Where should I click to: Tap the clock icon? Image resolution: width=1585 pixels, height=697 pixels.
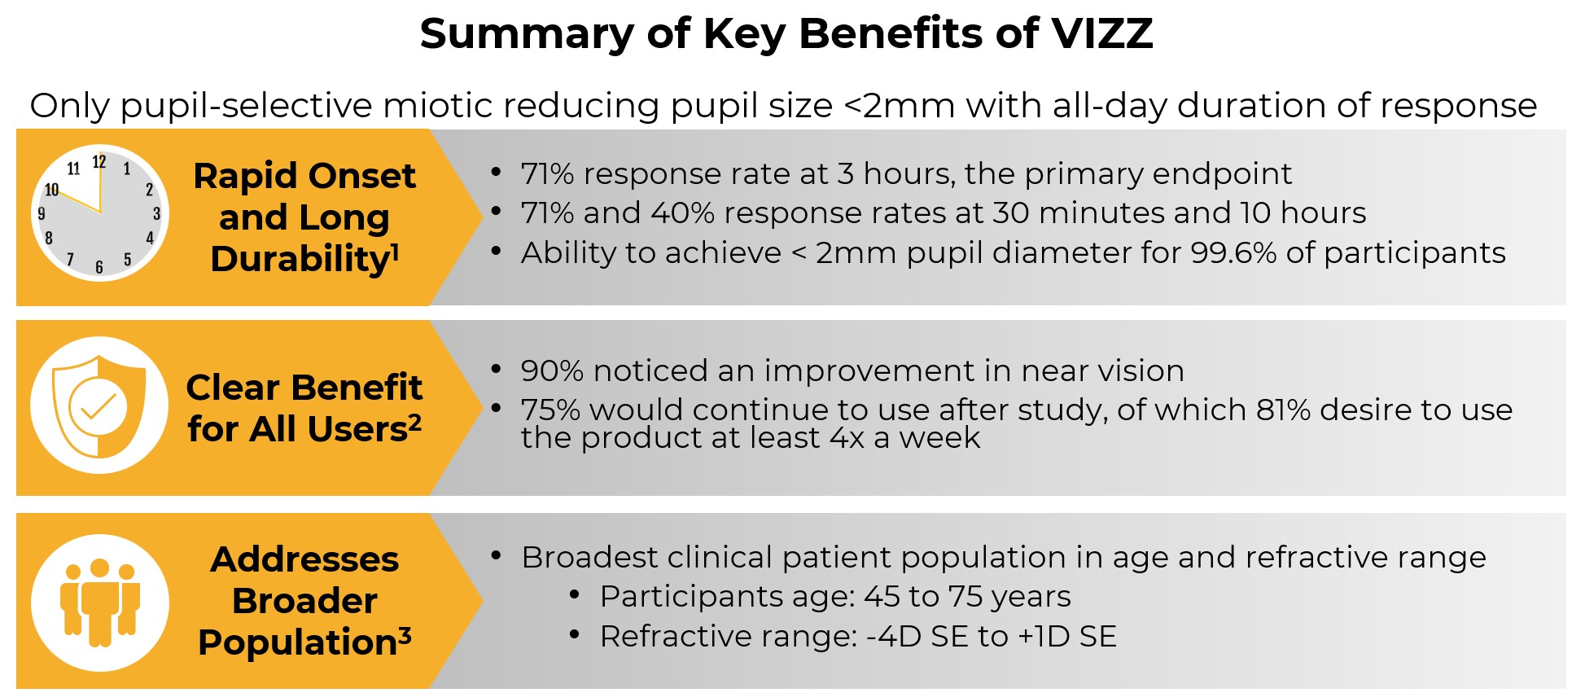click(x=100, y=213)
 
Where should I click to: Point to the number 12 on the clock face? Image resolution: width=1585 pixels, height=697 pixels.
click(x=99, y=162)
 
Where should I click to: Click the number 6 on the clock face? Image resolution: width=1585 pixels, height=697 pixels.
click(x=99, y=267)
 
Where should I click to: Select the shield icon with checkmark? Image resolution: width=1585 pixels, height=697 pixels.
click(x=99, y=405)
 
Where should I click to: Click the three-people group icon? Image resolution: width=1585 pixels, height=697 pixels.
click(x=100, y=603)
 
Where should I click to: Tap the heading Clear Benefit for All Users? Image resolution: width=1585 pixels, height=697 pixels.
click(x=304, y=408)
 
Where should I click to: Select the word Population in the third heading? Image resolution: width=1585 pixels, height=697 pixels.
click(x=297, y=642)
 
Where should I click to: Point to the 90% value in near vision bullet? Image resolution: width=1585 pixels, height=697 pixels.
click(x=551, y=371)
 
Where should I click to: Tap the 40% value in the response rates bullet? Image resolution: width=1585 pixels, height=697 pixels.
click(x=682, y=213)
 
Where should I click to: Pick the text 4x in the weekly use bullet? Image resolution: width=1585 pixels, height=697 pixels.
click(x=847, y=439)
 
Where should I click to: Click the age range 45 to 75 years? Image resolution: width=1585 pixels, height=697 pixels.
click(x=966, y=597)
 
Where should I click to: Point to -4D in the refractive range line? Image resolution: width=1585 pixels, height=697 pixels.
click(x=893, y=637)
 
